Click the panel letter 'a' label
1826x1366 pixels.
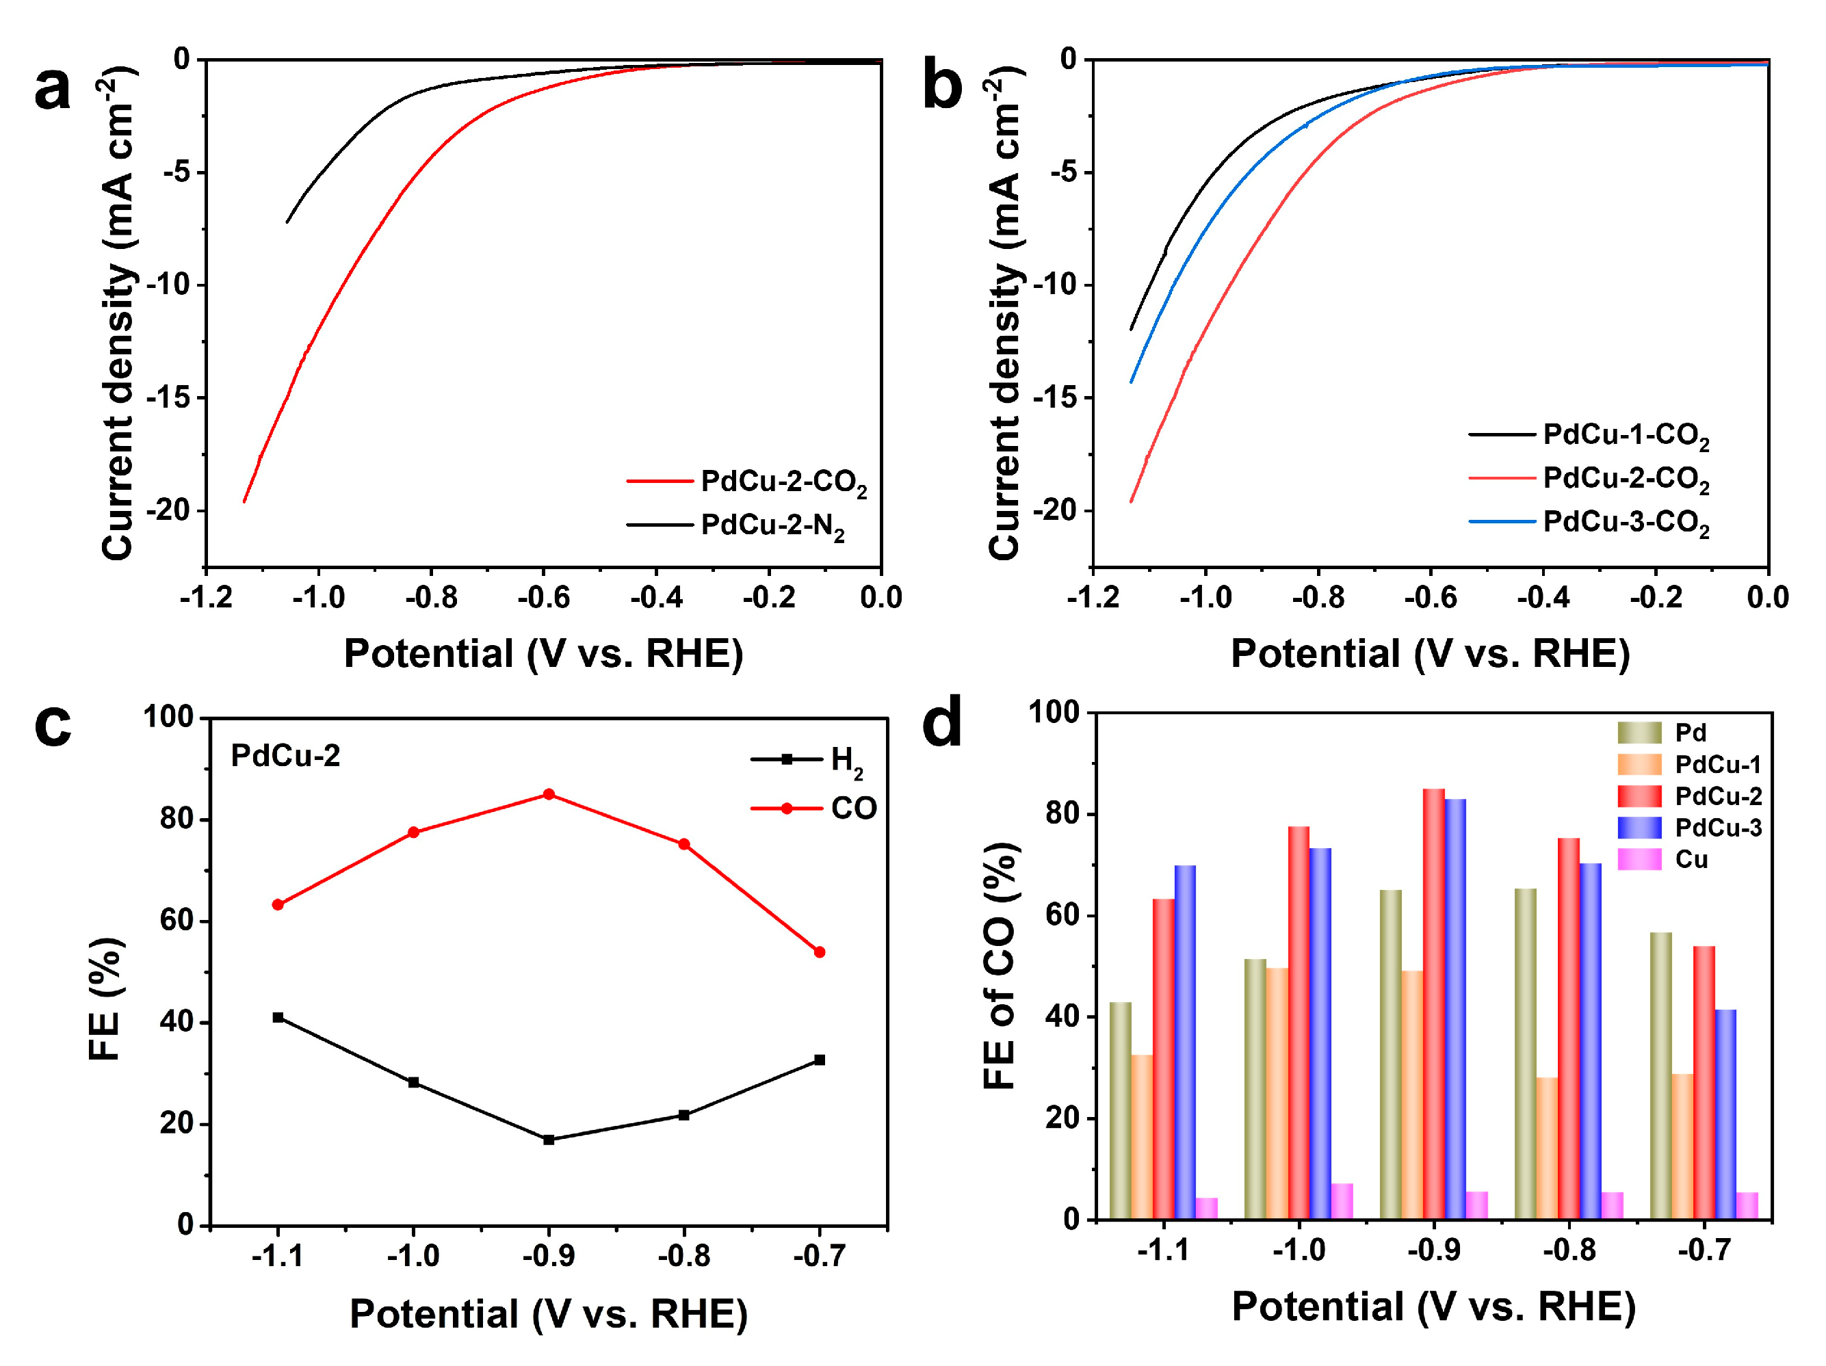click(52, 89)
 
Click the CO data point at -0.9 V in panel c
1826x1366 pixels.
click(549, 794)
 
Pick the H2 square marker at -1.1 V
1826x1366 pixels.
click(278, 1018)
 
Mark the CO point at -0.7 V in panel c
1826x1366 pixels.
click(820, 951)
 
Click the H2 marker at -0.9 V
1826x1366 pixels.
click(549, 1140)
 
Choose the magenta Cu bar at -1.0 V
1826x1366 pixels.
click(1342, 1201)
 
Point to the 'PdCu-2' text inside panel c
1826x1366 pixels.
click(285, 756)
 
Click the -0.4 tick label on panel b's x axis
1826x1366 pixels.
click(1542, 598)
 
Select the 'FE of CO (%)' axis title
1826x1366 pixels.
click(1000, 966)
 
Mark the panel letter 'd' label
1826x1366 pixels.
click(941, 723)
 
